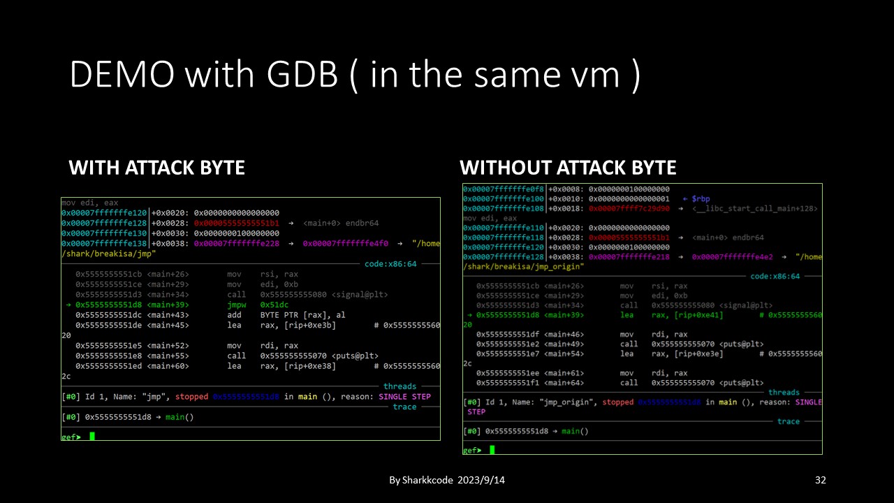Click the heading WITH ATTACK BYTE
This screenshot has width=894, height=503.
(x=156, y=168)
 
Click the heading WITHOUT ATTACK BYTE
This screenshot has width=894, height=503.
(x=568, y=168)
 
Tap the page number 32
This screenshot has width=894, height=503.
(x=821, y=481)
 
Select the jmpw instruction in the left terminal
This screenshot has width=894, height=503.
(x=237, y=305)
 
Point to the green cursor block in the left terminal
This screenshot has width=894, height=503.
(x=92, y=437)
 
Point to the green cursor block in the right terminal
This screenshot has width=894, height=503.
(x=492, y=450)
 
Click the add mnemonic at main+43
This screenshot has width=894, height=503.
(x=235, y=315)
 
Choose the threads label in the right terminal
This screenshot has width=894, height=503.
(x=784, y=393)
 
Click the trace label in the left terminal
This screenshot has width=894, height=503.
(x=404, y=407)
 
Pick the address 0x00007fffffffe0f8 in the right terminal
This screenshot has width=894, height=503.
(x=503, y=189)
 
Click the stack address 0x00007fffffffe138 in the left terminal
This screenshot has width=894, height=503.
(x=105, y=244)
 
